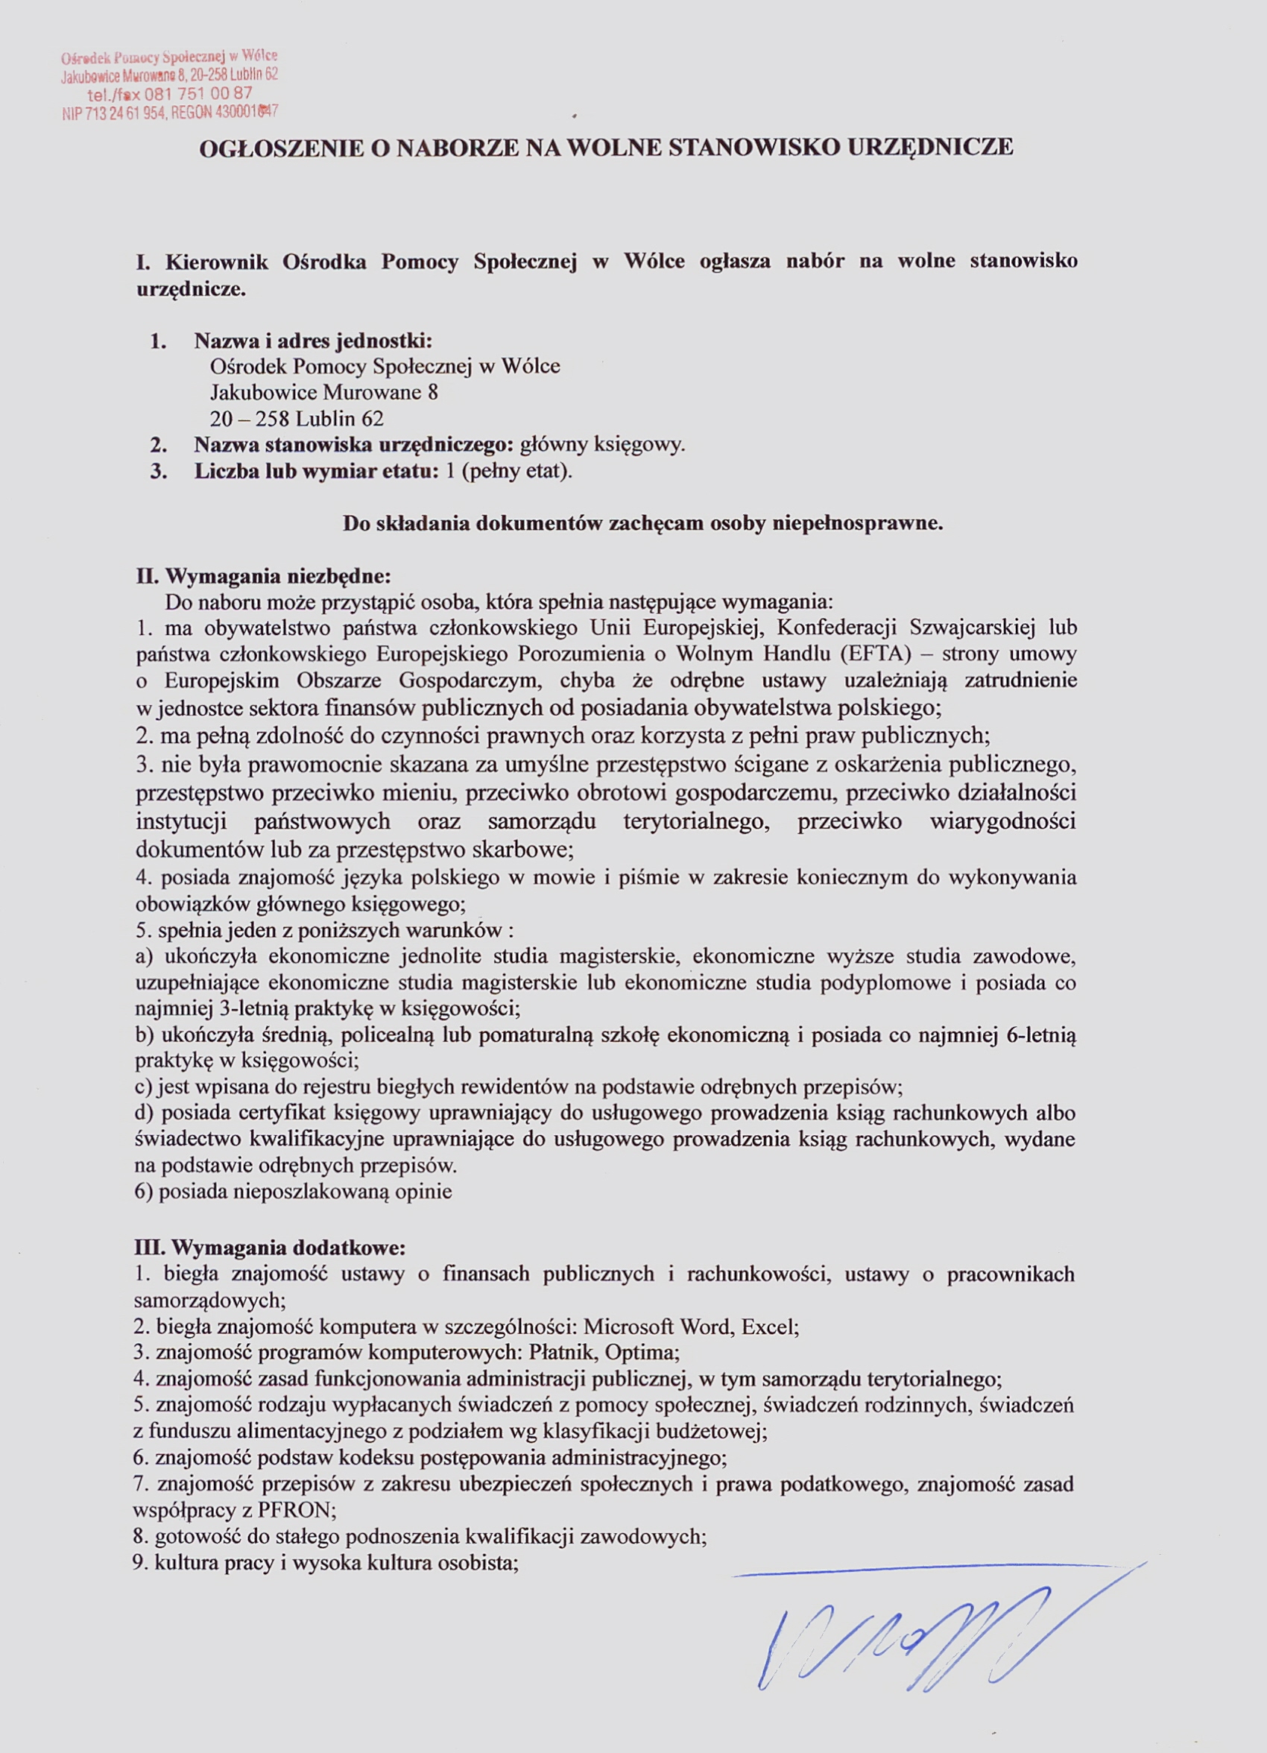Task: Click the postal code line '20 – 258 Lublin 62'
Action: (297, 419)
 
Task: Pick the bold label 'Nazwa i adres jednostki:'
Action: (313, 340)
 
